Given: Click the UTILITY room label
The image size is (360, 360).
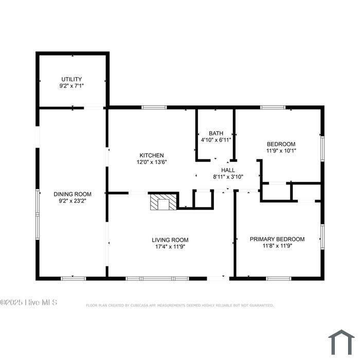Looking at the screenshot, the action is tap(71, 79).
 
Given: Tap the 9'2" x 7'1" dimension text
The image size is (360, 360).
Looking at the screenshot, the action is tap(71, 86).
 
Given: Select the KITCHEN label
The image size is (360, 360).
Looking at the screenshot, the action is tap(152, 155).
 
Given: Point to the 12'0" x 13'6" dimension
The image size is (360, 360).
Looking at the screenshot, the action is tap(152, 162).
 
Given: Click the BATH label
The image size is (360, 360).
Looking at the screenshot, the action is tap(216, 133).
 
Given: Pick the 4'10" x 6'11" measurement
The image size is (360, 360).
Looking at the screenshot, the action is tap(216, 140).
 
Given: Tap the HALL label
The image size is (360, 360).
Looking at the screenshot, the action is tap(228, 170).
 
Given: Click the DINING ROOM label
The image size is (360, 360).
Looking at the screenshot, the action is tap(73, 194).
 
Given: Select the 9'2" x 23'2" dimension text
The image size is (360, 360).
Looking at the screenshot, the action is tap(73, 201).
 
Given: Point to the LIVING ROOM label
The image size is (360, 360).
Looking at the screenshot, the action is tap(170, 240).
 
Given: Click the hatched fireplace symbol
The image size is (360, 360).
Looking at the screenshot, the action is tap(164, 202).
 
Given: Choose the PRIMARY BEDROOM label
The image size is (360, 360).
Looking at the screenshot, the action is tap(277, 239).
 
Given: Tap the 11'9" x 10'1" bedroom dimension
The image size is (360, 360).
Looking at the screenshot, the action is tap(281, 151).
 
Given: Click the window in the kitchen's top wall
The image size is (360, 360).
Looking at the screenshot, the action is tap(154, 107).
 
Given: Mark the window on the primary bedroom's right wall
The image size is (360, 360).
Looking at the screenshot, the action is tap(322, 237).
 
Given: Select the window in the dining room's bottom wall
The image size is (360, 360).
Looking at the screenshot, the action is tap(73, 279).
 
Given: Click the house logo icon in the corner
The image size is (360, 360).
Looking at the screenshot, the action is tap(341, 343).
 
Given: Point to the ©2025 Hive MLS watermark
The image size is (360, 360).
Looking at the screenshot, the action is tap(28, 302).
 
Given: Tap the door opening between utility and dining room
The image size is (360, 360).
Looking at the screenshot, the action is tap(94, 107).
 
